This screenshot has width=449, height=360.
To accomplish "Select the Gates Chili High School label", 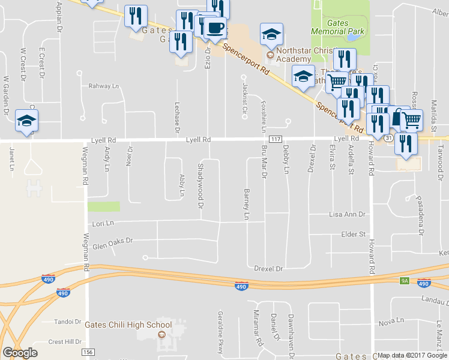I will click(128, 325).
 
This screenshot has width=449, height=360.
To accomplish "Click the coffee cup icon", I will click(214, 28).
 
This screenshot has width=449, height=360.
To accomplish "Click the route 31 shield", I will click(388, 139).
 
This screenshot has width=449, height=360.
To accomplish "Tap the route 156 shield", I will click(88, 352).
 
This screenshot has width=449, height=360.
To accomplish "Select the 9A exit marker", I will click(404, 280).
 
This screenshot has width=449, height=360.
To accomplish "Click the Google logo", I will click(20, 352).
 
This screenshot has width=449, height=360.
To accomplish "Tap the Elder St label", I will click(353, 234).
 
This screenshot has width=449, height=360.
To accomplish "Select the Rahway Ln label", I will click(104, 86).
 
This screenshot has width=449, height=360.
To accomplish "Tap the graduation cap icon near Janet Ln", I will click(26, 122).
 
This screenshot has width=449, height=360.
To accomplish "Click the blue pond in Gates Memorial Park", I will click(349, 37).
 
